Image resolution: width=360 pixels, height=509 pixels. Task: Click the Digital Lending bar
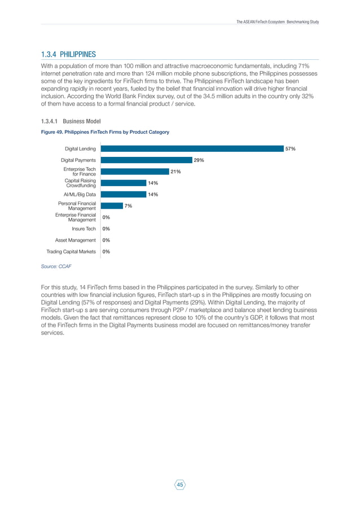coord(192,149)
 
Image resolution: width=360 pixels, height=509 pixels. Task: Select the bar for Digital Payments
coord(146,160)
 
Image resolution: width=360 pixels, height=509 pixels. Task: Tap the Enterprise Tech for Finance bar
coord(134,172)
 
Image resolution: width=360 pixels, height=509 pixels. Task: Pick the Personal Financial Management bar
coord(112,206)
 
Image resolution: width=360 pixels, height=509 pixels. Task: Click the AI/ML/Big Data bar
coord(123,195)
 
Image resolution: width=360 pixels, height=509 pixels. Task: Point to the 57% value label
coord(290,149)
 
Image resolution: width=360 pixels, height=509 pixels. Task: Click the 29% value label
coord(199,160)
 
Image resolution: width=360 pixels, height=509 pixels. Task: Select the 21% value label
coord(175,172)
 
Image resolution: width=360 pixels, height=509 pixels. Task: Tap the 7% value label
coord(128,206)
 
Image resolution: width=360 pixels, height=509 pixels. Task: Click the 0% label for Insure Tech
coord(106,229)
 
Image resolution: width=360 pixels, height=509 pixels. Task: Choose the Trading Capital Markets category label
coord(71,252)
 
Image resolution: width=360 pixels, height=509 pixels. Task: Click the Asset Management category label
coord(76,240)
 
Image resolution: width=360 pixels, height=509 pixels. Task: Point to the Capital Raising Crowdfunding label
coord(80,183)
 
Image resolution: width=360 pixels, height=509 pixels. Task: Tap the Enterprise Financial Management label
coord(76,217)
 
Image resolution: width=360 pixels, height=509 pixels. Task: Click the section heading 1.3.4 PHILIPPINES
coord(69,54)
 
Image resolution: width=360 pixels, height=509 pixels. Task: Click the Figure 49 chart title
coord(105,132)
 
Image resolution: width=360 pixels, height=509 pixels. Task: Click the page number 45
coord(180,484)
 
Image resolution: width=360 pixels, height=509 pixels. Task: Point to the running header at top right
coord(278,21)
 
